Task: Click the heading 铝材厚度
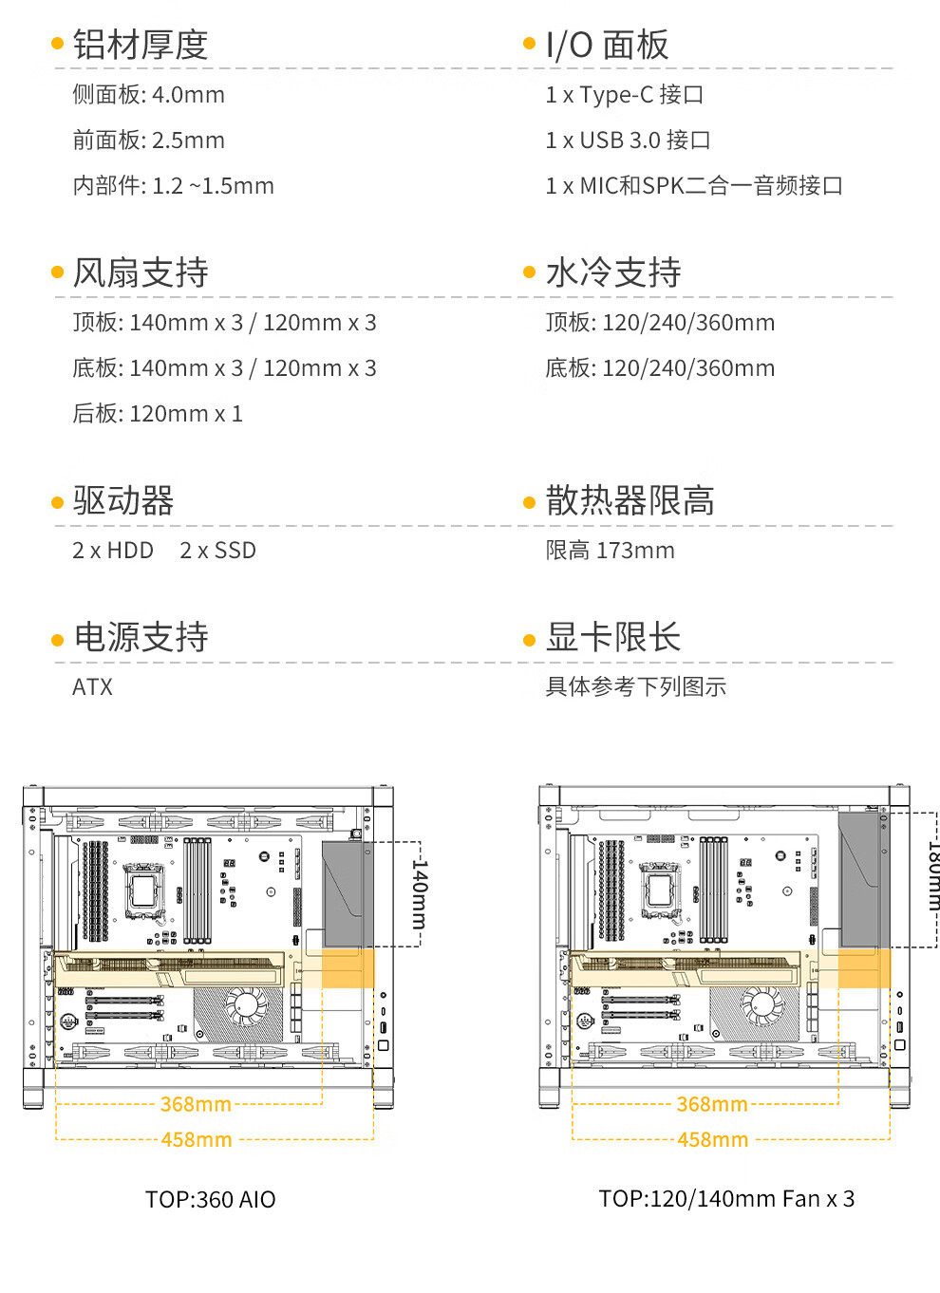[140, 45]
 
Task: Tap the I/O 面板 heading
[607, 45]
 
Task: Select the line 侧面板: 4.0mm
[148, 95]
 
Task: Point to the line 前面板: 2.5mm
[148, 141]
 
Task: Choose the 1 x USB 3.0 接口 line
[628, 141]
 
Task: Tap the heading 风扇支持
[140, 272]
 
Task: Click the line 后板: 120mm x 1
[158, 414]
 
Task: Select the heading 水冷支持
[612, 272]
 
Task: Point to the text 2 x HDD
[113, 551]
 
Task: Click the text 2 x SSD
[217, 551]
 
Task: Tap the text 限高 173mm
[610, 551]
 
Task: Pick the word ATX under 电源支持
[92, 687]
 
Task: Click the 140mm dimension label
[420, 894]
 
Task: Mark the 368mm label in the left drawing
[196, 1104]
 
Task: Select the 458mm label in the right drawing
[712, 1139]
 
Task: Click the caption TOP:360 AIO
[210, 1200]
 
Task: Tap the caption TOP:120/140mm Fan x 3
[726, 1199]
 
